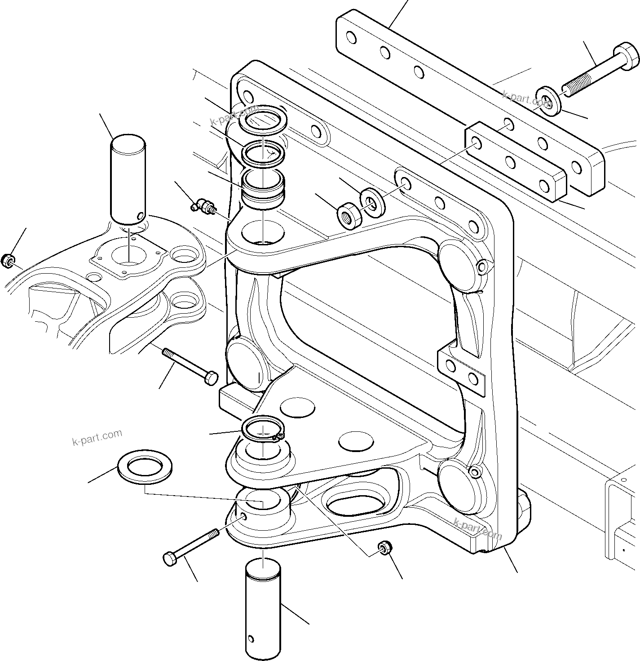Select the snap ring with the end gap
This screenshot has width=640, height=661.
click(263, 429)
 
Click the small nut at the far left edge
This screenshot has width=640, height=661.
click(8, 261)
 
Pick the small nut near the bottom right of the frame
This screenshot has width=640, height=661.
click(385, 548)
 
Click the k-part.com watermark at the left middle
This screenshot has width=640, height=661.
click(97, 436)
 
